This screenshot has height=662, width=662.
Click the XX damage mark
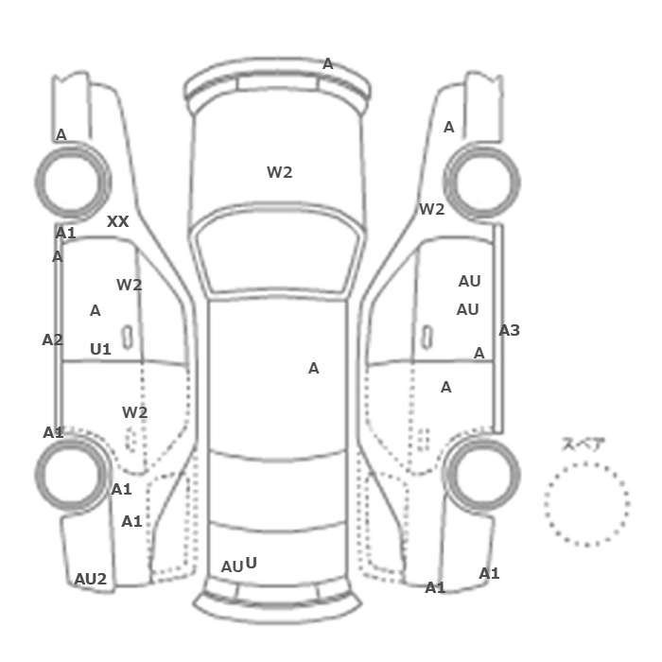tap(118, 221)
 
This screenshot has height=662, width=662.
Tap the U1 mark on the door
tap(100, 349)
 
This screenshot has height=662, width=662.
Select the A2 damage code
tap(52, 340)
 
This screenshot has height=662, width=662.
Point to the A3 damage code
tap(509, 331)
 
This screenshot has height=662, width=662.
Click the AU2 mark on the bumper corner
tap(91, 579)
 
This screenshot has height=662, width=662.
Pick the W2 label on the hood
tap(280, 172)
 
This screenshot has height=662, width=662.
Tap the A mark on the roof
tap(313, 369)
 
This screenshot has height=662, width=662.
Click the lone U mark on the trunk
tap(251, 563)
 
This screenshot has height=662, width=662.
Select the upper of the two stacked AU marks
tap(469, 281)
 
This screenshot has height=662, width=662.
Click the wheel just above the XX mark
tap(73, 182)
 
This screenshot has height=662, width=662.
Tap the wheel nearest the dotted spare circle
tap(482, 475)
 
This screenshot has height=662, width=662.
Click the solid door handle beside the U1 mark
tap(127, 338)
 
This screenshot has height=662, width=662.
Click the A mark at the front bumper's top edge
tap(327, 64)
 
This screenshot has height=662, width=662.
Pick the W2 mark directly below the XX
tap(130, 285)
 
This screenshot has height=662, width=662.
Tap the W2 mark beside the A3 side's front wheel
tap(432, 209)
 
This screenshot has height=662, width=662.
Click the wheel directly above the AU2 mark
tap(73, 475)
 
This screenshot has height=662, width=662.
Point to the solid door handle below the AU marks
tap(427, 338)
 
